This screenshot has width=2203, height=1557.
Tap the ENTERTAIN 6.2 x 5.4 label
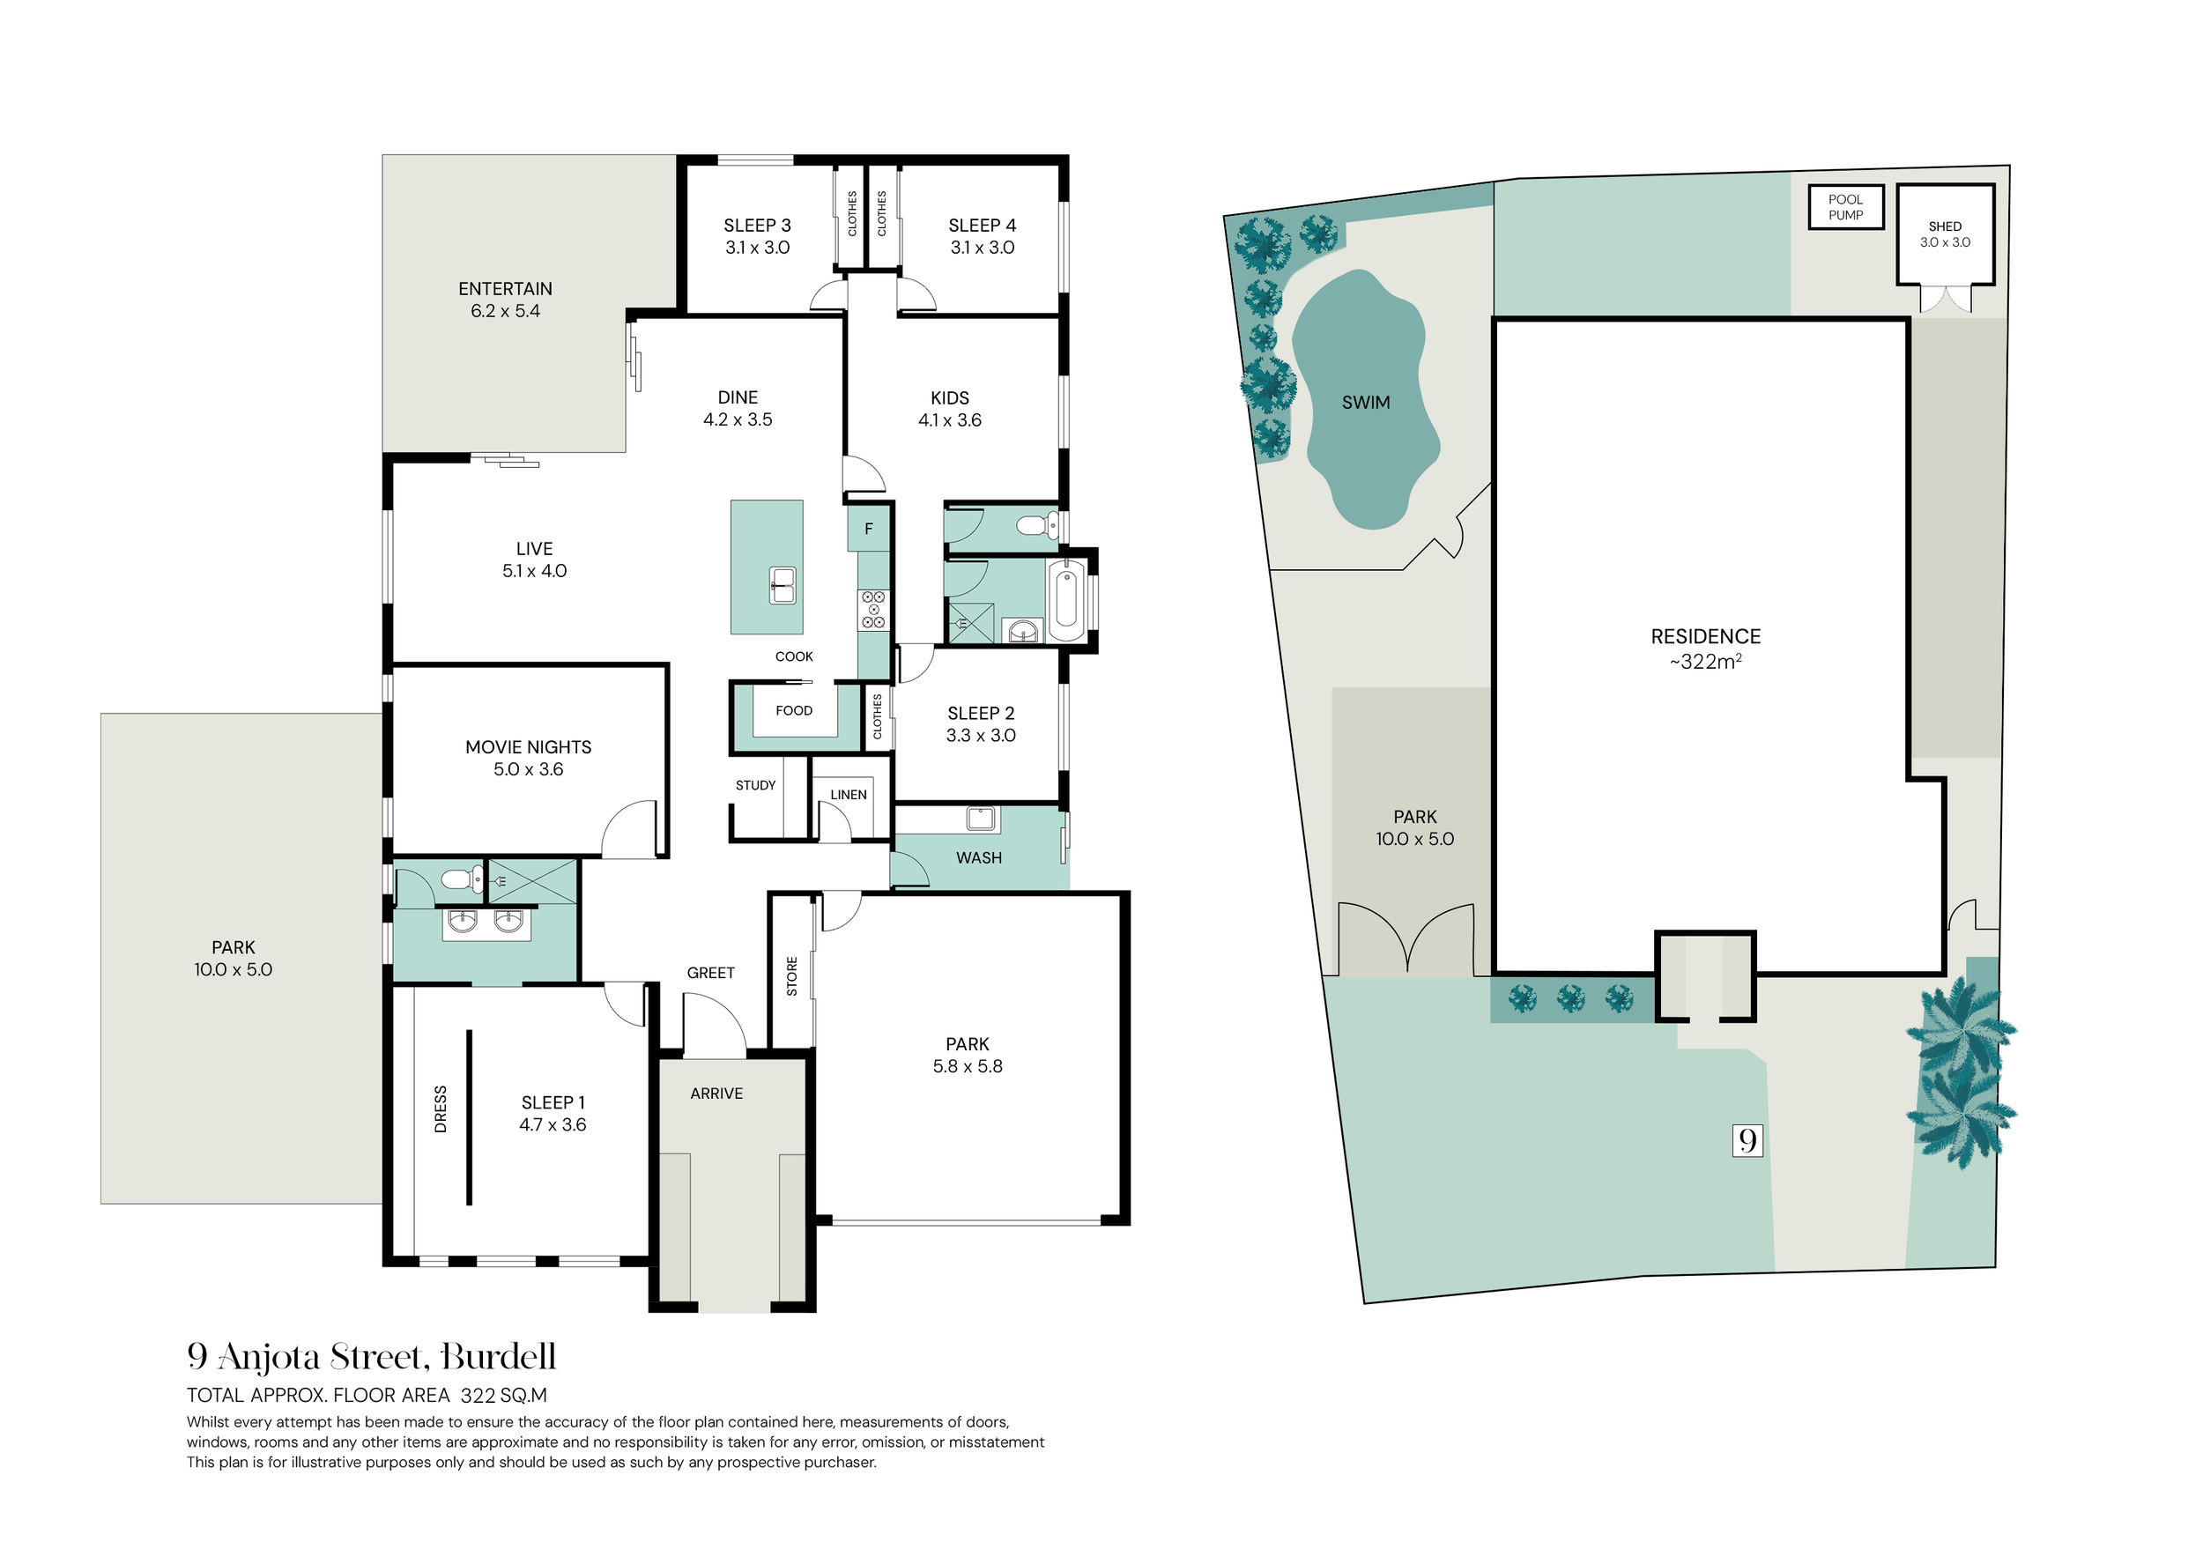(x=505, y=300)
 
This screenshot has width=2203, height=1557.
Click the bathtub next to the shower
(x=1066, y=599)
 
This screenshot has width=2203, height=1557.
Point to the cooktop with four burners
(x=873, y=610)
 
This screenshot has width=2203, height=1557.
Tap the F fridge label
(x=868, y=529)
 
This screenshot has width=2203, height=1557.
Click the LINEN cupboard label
(x=849, y=794)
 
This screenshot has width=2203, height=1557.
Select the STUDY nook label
(x=755, y=785)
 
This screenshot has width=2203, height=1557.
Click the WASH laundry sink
(x=982, y=819)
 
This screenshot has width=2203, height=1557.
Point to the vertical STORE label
(x=791, y=975)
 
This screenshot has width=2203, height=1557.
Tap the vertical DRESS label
(x=441, y=1109)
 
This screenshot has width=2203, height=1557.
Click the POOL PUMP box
(x=1846, y=207)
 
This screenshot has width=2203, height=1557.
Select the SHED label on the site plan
(x=1945, y=226)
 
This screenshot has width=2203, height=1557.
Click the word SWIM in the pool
(x=1365, y=403)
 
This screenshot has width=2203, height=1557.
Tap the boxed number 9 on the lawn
(x=1747, y=1140)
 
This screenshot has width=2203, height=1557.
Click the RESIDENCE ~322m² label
(x=1705, y=649)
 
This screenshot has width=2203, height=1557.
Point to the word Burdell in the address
(x=498, y=1356)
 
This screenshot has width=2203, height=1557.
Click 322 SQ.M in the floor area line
(x=504, y=1396)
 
